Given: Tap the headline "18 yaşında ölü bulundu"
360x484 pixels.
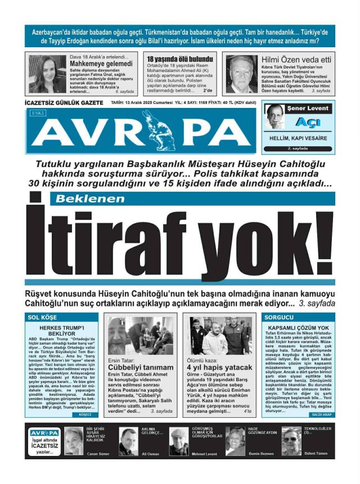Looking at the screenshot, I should pos(180,59).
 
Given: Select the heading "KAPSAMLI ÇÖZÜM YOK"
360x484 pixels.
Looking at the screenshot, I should pos(299,327).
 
